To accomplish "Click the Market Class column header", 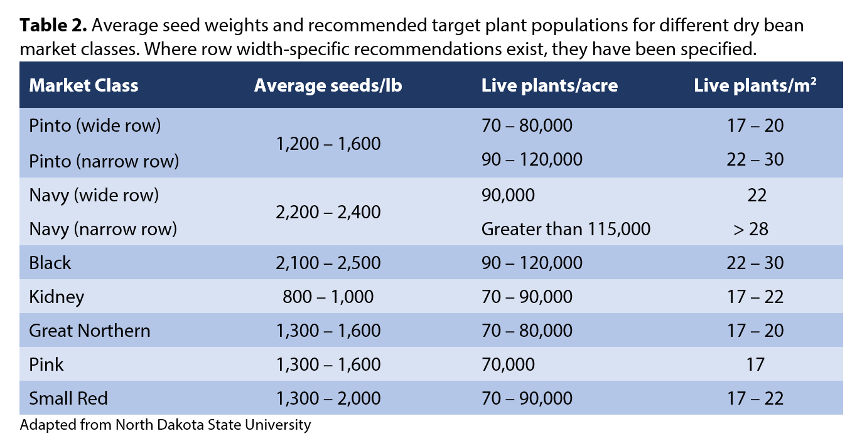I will (83, 85).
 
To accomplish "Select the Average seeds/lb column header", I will (328, 85).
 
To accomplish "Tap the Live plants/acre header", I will (549, 85).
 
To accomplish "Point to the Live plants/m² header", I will (755, 85).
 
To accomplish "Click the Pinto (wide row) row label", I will (95, 125).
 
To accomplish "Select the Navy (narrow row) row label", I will (103, 229).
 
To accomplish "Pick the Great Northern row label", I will (90, 331).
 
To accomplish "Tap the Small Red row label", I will (68, 398).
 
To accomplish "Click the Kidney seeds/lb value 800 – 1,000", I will (328, 297).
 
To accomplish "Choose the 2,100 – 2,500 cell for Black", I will (328, 263).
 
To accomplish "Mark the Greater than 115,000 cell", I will (566, 229).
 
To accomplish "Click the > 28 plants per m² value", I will (750, 229).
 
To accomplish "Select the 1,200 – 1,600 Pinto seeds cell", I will (328, 144).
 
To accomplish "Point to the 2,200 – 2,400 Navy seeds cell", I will (328, 212).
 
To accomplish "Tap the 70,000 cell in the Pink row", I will (508, 364).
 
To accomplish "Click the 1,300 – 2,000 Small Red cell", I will (328, 398).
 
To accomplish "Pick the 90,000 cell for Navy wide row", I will (508, 195).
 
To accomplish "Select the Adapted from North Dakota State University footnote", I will (165, 425).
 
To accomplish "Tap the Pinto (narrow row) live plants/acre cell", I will (532, 160).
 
